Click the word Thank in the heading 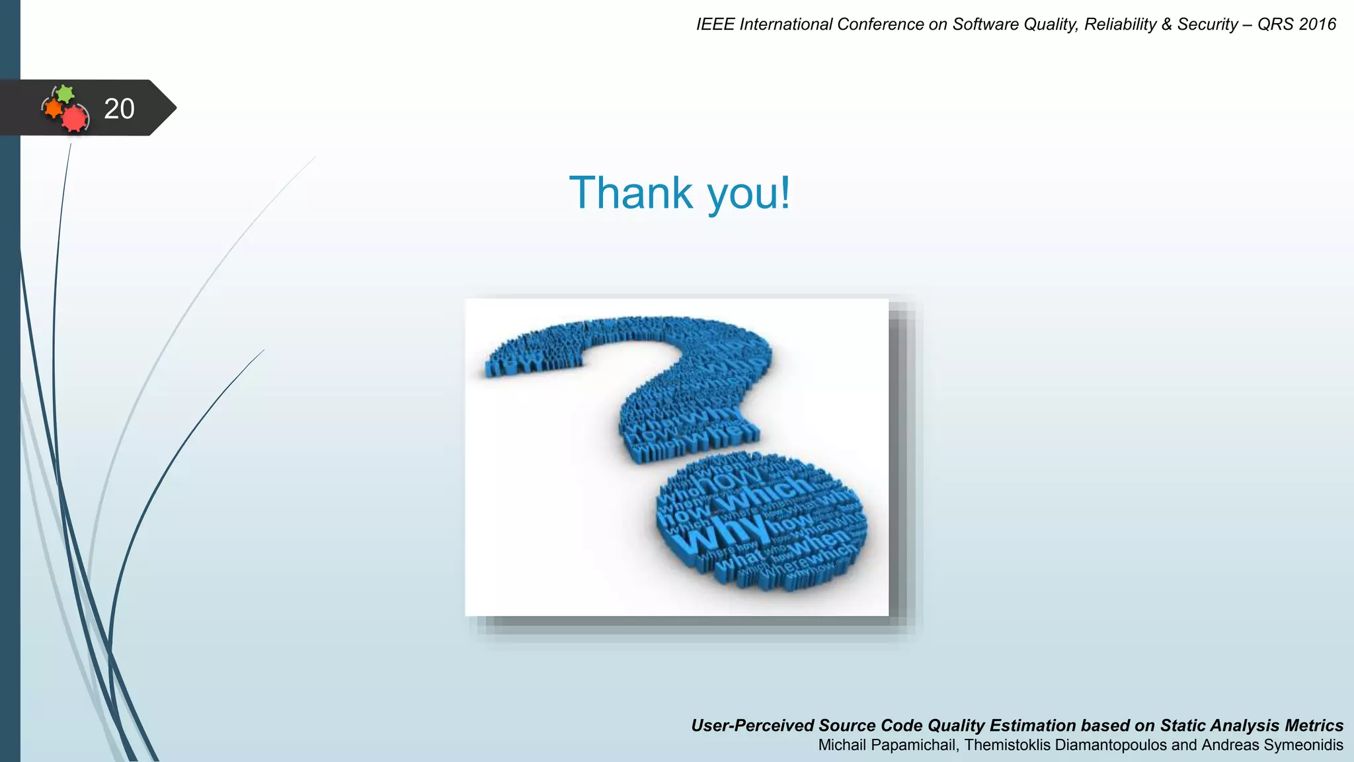coord(631,193)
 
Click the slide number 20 coord(119,108)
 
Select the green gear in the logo coord(65,93)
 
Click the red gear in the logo coord(75,118)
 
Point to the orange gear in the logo coord(53,108)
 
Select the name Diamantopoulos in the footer coord(1111,745)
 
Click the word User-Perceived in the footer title coord(752,726)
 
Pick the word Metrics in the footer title coord(1314,726)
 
